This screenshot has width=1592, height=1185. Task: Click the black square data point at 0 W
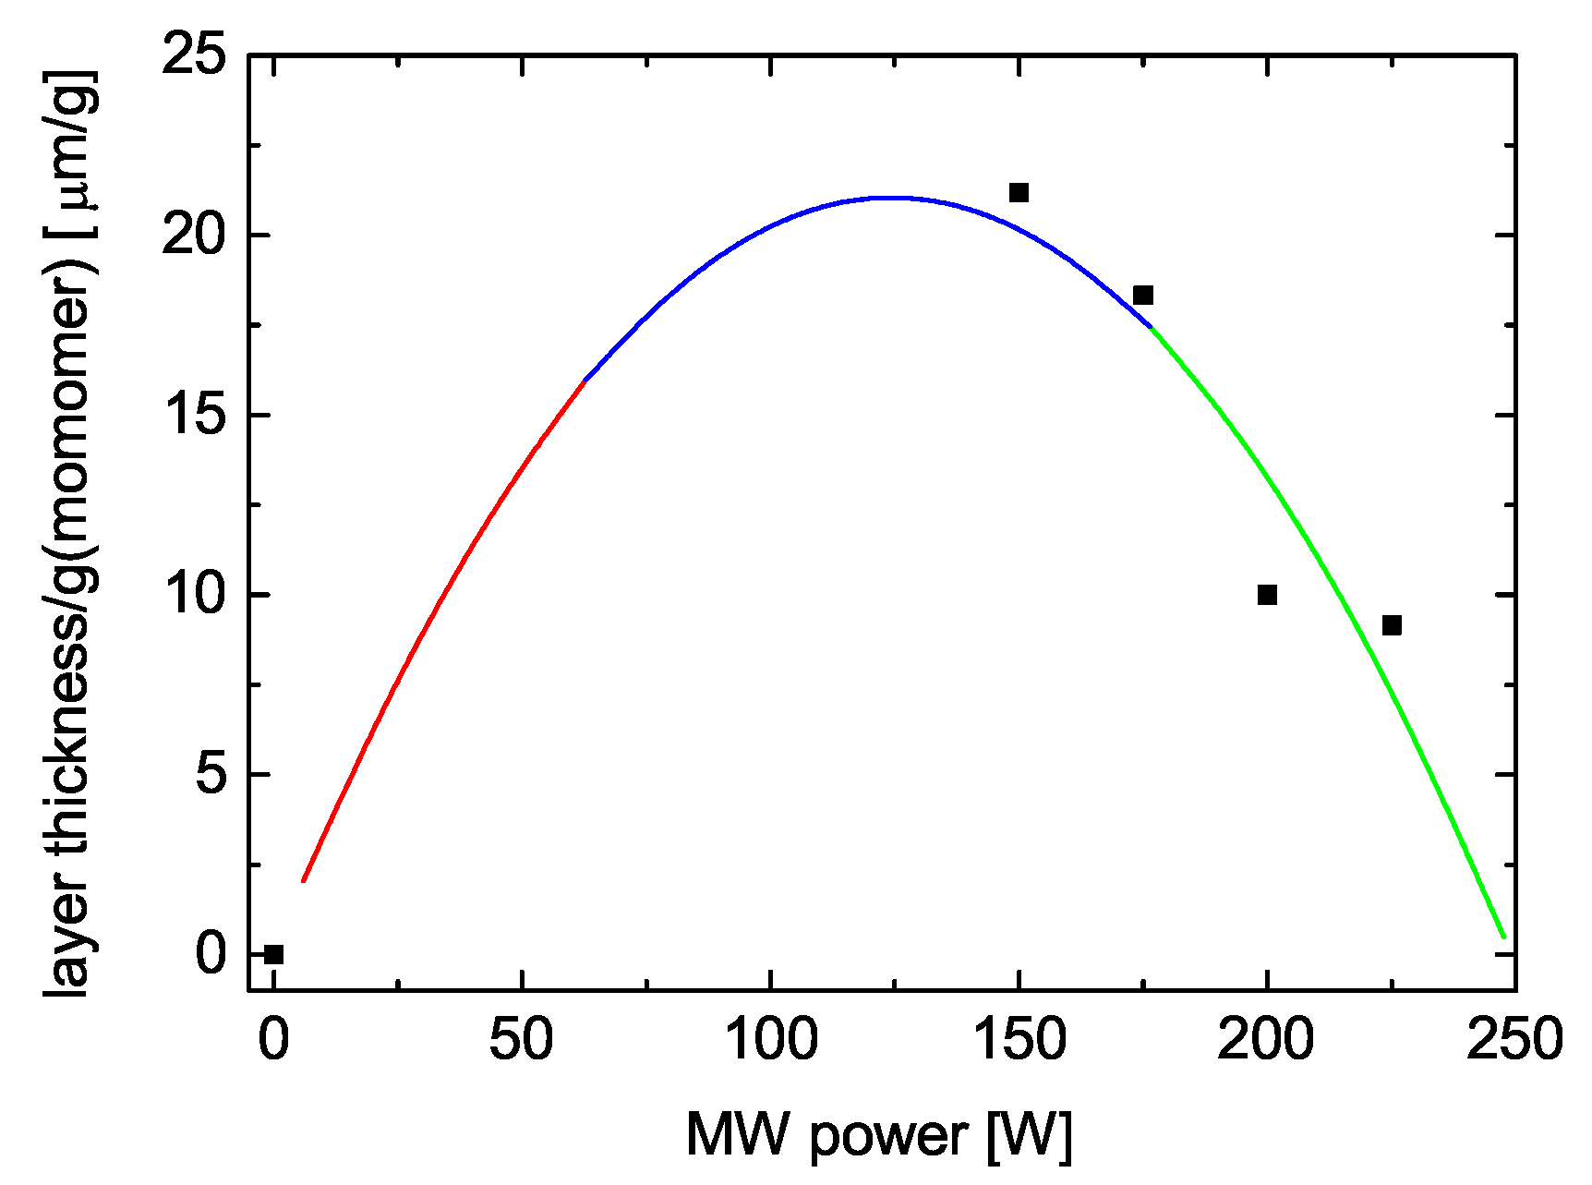point(273,954)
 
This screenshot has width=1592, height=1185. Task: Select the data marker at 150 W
point(1019,192)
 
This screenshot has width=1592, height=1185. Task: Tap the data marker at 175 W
point(1143,296)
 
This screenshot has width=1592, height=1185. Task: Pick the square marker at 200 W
point(1267,595)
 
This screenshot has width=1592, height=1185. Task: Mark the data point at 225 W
point(1392,625)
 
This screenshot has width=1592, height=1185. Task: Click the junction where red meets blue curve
point(585,380)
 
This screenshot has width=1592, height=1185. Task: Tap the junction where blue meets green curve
point(1151,327)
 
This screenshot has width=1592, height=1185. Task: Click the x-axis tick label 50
point(522,1039)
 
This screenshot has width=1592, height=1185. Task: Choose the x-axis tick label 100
point(771,1039)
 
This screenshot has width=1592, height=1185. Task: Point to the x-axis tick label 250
point(1514,1039)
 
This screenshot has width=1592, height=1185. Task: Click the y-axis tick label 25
point(194,55)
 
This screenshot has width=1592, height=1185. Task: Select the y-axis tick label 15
point(194,415)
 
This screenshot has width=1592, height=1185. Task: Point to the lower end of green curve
point(1503,937)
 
